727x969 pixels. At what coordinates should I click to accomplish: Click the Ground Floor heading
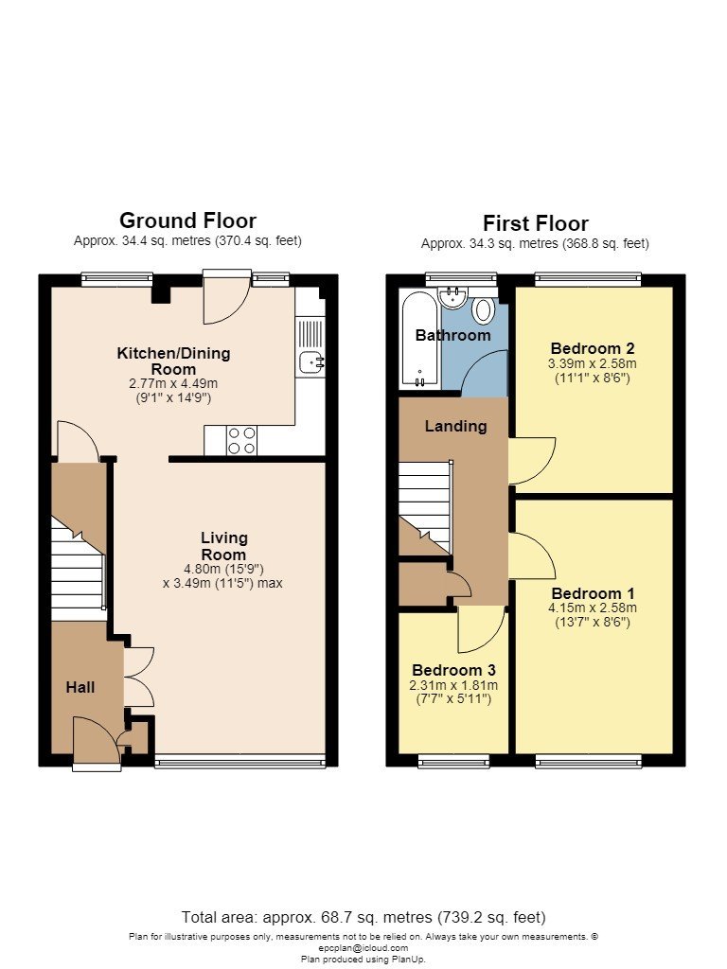click(187, 220)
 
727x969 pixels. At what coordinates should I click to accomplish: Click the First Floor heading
click(536, 223)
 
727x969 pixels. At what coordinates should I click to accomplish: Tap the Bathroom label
click(453, 336)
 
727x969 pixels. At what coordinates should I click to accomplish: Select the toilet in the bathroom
click(483, 309)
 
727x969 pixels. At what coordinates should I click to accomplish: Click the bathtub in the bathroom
click(419, 340)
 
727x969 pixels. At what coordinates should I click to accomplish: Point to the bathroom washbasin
click(453, 297)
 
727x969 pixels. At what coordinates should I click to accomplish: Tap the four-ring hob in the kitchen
click(241, 441)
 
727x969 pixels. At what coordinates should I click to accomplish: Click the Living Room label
click(223, 546)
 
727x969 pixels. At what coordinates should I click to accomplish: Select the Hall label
click(80, 687)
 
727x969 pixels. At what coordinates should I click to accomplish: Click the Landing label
click(455, 426)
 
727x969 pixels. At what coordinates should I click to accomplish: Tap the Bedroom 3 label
click(453, 670)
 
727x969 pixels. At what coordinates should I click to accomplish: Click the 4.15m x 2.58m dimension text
click(593, 608)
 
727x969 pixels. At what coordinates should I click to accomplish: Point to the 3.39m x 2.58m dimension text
click(593, 363)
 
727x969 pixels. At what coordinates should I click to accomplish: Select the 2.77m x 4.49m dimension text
click(174, 383)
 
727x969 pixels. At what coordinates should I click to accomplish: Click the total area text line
click(363, 917)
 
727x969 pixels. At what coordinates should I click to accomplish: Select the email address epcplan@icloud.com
click(363, 948)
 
